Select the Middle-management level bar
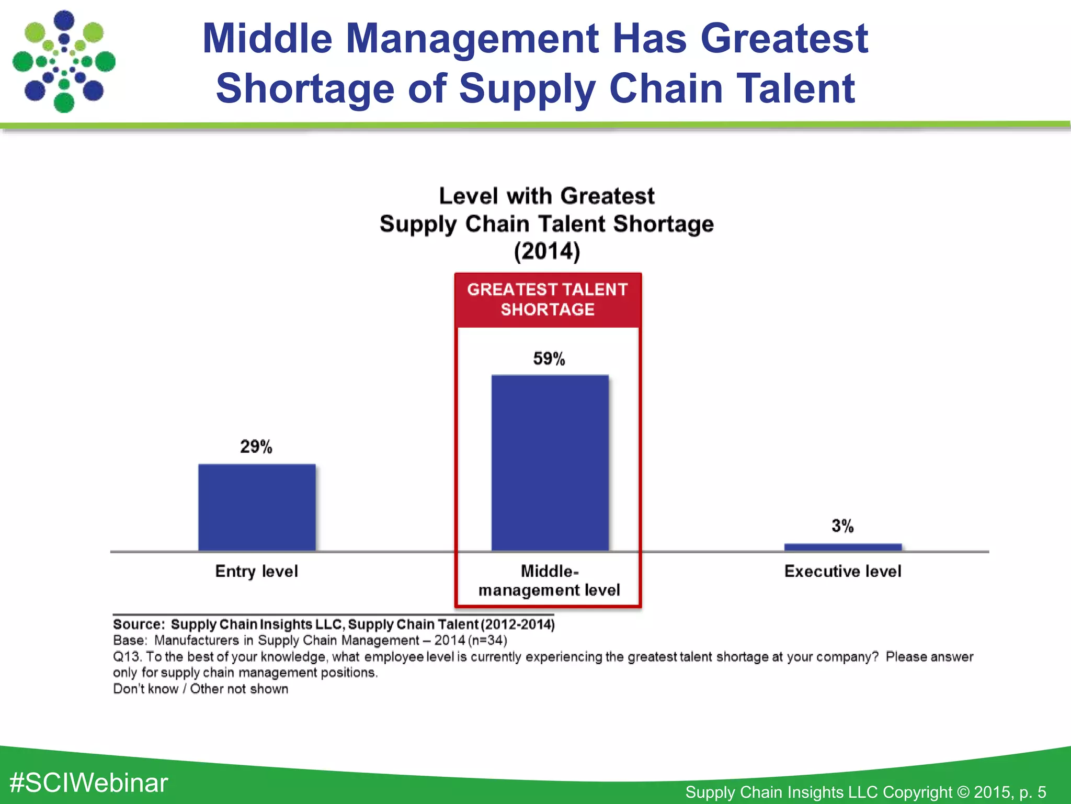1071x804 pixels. point(550,463)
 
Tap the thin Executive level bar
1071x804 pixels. point(842,547)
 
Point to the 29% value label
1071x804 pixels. point(256,446)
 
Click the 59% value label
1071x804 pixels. point(549,359)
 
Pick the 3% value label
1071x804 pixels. point(842,526)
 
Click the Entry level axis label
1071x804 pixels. point(257,571)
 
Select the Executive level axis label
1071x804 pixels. point(842,571)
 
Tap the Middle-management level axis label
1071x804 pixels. point(549,580)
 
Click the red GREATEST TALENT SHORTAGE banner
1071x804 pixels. point(548,299)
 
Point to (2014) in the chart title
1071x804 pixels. point(547,251)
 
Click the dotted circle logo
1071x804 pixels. point(64,62)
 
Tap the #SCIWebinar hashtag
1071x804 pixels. point(89,783)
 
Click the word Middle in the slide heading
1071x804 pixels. point(267,39)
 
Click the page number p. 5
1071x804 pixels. point(1032,792)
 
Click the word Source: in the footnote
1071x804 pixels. point(139,624)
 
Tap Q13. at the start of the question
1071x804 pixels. point(128,656)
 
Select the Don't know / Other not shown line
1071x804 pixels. point(200,689)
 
